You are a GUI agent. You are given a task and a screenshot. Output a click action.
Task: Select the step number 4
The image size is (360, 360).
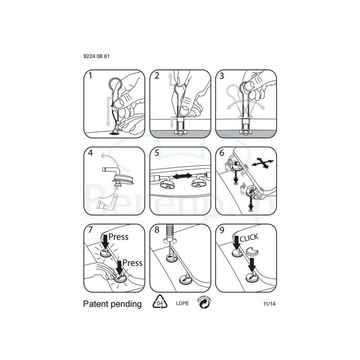(90, 153)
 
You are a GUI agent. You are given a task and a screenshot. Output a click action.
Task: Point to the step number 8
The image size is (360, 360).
(157, 230)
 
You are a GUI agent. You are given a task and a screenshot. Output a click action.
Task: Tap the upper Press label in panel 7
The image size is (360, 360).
(119, 236)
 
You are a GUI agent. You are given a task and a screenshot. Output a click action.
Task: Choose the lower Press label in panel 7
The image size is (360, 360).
(132, 263)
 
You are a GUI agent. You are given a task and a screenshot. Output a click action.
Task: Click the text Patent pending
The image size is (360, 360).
(112, 304)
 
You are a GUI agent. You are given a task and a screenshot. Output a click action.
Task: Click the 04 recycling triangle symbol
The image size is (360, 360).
(159, 303)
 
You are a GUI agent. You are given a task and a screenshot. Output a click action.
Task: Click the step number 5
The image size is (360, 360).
(157, 153)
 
